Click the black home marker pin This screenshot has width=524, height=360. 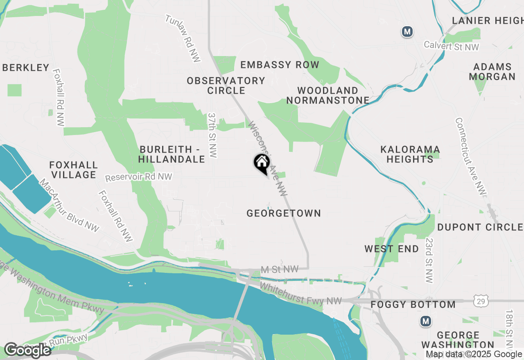(x=261, y=163)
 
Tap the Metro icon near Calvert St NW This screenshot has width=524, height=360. (x=407, y=32)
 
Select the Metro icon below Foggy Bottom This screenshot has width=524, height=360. (x=426, y=321)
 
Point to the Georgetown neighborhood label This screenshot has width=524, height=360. (x=284, y=213)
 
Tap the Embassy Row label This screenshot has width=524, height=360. (x=280, y=65)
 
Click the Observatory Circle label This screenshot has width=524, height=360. (x=226, y=85)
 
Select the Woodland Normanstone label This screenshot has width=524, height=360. (x=328, y=95)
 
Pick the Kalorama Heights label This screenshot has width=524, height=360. (x=410, y=154)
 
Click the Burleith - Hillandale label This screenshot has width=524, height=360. (x=172, y=154)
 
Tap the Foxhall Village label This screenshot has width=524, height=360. (x=74, y=170)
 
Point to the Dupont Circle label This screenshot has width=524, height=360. (x=480, y=227)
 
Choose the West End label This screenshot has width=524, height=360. (x=392, y=249)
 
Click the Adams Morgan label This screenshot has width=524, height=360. (x=492, y=72)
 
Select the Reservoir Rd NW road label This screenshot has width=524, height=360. (x=138, y=178)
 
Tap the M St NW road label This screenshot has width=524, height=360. (x=280, y=269)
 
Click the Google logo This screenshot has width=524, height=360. (x=27, y=350)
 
